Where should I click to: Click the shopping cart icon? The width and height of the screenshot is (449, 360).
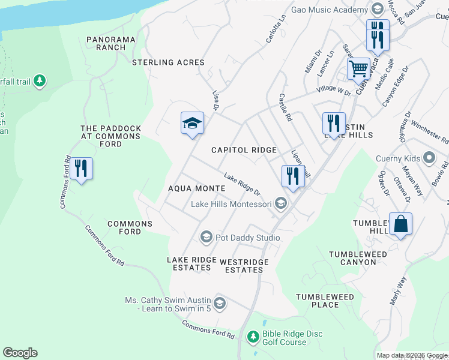coord(358,68)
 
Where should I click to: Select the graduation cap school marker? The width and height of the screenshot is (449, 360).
coord(192,124)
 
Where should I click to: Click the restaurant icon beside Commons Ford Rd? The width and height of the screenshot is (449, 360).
coord(81,169)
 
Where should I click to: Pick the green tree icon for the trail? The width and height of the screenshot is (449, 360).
coord(40,80)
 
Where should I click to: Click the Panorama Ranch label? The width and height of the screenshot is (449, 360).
coord(110,40)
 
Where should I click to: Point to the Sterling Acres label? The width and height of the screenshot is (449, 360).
coord(169,62)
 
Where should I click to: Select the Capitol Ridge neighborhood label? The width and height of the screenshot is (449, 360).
coord(244,150)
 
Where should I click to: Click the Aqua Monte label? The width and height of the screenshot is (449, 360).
coord(196,188)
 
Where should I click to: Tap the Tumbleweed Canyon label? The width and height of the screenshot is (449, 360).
coord(358,258)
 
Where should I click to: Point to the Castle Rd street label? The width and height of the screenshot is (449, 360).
coord(286,108)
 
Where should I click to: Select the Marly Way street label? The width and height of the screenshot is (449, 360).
coord(398,290)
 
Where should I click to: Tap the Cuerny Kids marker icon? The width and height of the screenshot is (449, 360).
coord(429,158)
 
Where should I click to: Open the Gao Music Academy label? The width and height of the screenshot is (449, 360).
coord(330,10)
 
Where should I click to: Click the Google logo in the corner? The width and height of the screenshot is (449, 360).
coord(20,353)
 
